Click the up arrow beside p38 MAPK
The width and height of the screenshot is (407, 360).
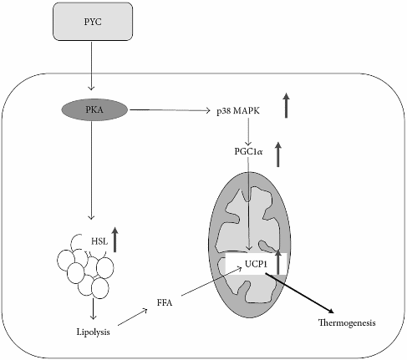(x=286, y=106)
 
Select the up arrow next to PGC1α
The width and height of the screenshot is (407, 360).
(x=279, y=155)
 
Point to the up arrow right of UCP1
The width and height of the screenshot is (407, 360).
(x=279, y=261)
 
